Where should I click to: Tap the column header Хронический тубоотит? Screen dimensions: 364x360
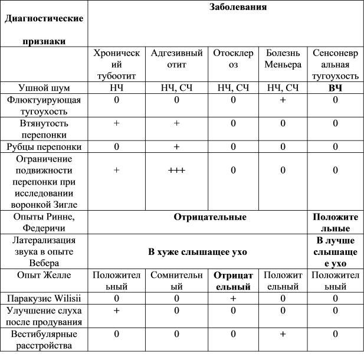click(116, 64)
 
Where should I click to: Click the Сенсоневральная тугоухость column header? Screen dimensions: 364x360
click(335, 64)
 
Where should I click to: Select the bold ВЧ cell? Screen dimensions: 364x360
click(335, 88)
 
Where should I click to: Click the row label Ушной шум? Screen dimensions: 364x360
click(44, 88)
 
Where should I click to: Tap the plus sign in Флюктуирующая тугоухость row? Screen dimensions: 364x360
click(283, 100)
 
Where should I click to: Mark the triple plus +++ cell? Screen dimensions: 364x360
click(176, 170)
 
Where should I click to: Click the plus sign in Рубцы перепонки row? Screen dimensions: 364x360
click(176, 146)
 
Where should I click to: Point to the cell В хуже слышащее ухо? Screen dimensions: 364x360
click(198, 251)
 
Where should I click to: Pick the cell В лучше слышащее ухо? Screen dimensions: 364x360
click(335, 251)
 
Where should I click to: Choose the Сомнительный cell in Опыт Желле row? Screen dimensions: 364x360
click(176, 281)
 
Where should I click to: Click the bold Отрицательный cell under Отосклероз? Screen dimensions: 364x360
click(233, 281)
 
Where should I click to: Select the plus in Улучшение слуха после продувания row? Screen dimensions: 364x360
click(116, 310)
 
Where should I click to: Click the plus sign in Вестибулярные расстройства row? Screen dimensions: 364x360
click(283, 334)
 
